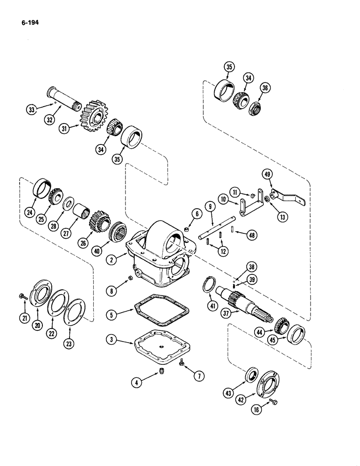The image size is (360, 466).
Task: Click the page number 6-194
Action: click(28, 21)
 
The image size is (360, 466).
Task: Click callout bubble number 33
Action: click(31, 110)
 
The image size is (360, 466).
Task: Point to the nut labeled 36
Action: click(256, 110)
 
